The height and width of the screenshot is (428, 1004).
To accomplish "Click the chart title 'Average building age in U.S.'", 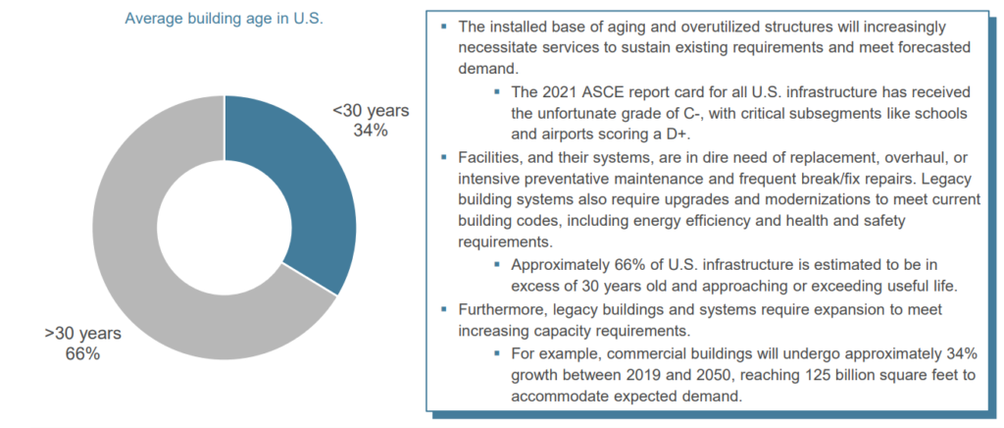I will coord(225,18).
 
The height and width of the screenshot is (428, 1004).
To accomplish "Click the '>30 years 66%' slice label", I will coord(75,345).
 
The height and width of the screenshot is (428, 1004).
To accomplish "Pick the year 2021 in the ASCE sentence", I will coord(563,91).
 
